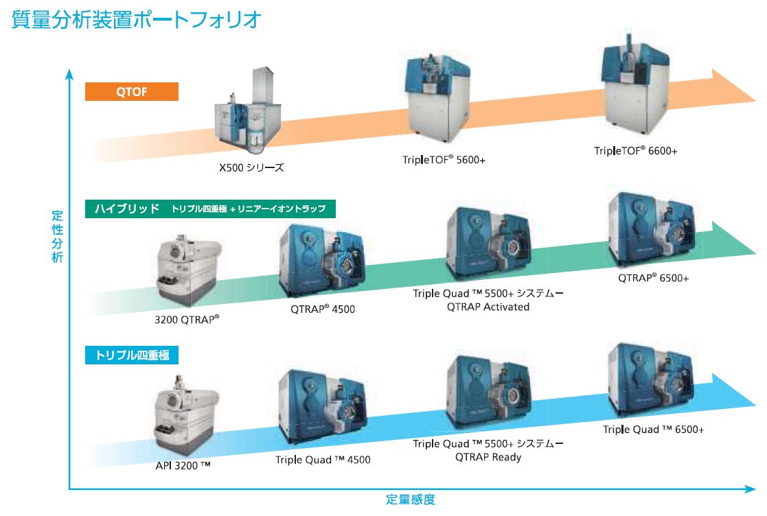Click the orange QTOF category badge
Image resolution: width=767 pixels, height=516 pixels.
click(x=132, y=91)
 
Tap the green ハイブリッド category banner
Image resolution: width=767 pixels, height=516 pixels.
click(x=210, y=209)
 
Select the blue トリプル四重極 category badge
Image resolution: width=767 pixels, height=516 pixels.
click(x=132, y=355)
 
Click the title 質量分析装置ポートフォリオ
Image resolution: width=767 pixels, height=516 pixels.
click(x=136, y=20)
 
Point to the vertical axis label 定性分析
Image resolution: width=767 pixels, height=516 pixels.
click(x=57, y=237)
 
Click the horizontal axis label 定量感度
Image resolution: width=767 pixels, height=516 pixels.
click(x=411, y=500)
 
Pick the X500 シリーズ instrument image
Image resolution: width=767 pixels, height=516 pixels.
click(x=249, y=109)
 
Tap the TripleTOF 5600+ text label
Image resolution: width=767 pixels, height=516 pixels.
click(x=444, y=160)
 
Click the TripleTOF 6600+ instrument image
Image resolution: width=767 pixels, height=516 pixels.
click(x=635, y=89)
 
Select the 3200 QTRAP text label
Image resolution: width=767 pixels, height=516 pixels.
click(x=187, y=320)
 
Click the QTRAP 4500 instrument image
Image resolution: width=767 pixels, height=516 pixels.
click(x=322, y=261)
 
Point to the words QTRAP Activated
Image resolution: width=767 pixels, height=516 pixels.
click(x=488, y=307)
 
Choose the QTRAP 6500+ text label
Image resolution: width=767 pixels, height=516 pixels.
click(x=653, y=278)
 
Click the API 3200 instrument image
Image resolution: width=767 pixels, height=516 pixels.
click(x=185, y=415)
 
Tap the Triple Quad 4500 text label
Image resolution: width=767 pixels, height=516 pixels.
click(x=323, y=459)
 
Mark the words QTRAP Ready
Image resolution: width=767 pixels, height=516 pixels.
click(x=488, y=458)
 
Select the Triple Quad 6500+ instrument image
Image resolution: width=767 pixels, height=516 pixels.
click(x=652, y=380)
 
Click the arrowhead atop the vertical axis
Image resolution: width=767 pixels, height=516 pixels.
click(x=69, y=74)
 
